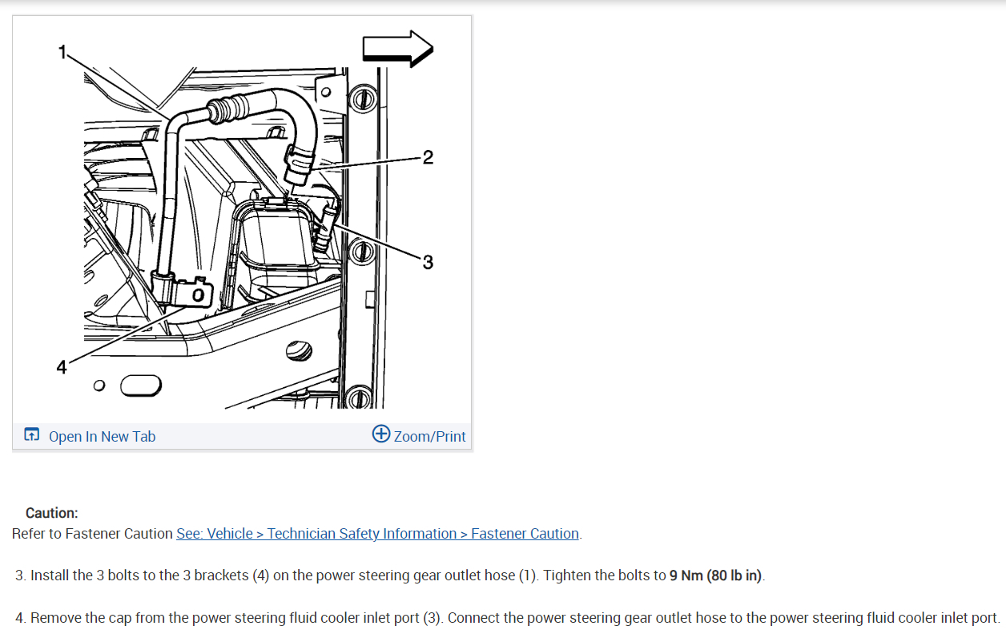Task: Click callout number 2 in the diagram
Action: pos(428,158)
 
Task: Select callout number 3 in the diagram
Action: pos(428,262)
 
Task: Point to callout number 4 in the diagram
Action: pos(62,367)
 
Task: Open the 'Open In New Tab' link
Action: pos(102,436)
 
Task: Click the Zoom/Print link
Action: pos(429,436)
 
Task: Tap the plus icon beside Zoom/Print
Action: pos(381,434)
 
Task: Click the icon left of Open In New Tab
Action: pos(31,435)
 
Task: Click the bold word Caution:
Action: pos(52,513)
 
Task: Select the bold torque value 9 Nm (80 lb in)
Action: pos(716,575)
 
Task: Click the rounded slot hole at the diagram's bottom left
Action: pos(140,386)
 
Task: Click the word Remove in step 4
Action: pos(55,618)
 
